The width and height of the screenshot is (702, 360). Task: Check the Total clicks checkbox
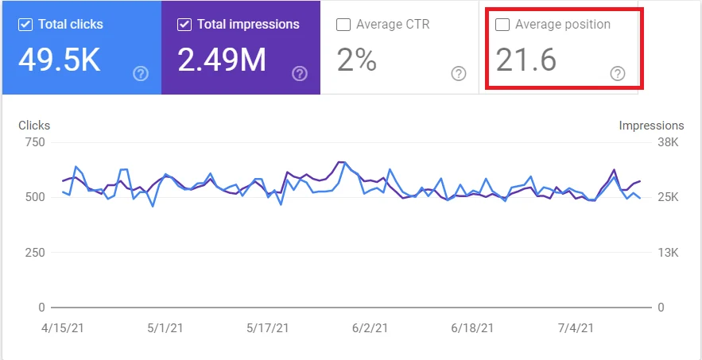pos(25,25)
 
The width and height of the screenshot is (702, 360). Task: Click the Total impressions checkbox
pos(184,25)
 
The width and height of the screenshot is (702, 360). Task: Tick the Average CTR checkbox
pos(343,25)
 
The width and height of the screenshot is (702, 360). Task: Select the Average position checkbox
pos(502,25)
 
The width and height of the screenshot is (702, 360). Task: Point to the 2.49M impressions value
pos(222,60)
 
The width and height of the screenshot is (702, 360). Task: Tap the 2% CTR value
pos(356,60)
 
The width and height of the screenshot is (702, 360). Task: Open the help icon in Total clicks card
pos(141,74)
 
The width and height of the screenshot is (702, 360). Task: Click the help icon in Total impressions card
pos(300,74)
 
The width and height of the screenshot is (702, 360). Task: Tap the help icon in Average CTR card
pos(459,74)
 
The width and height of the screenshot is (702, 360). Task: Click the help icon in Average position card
pos(618,74)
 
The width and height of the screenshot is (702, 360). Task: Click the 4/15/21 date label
pos(62,327)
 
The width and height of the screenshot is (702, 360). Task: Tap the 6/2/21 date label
pos(370,327)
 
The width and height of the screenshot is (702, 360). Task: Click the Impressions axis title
pos(651,126)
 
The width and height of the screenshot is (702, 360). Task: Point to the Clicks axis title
pos(33,126)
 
